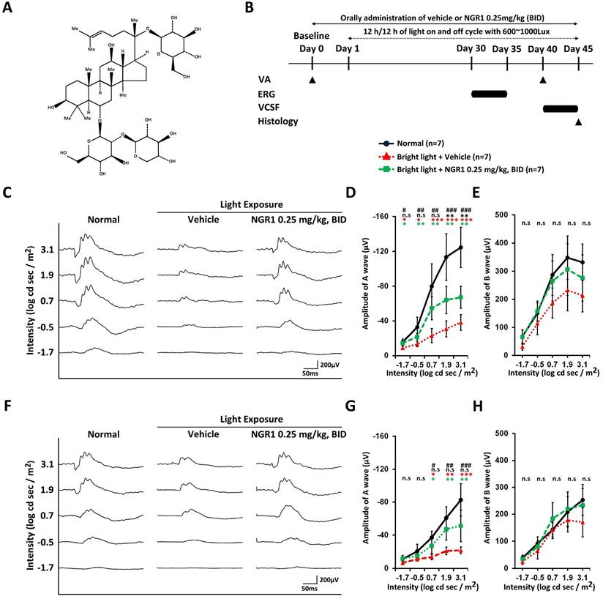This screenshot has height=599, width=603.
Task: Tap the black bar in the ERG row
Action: click(x=489, y=94)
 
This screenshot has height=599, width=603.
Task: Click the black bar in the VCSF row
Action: click(x=560, y=108)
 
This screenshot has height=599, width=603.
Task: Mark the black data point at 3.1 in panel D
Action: click(x=460, y=247)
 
